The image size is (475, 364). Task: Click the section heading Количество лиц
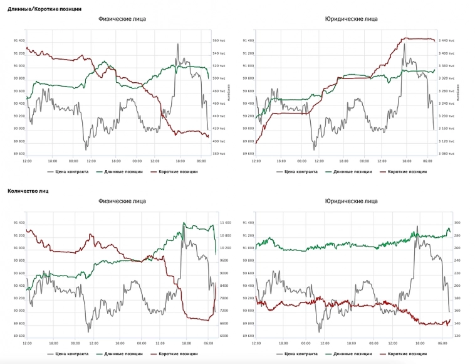(28, 190)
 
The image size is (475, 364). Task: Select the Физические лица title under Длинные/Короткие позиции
(122, 19)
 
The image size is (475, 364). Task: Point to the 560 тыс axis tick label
(220, 41)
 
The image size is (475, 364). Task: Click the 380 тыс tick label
(220, 154)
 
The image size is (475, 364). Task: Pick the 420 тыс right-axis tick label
(220, 129)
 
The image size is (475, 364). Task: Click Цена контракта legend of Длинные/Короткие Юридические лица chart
(298, 171)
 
